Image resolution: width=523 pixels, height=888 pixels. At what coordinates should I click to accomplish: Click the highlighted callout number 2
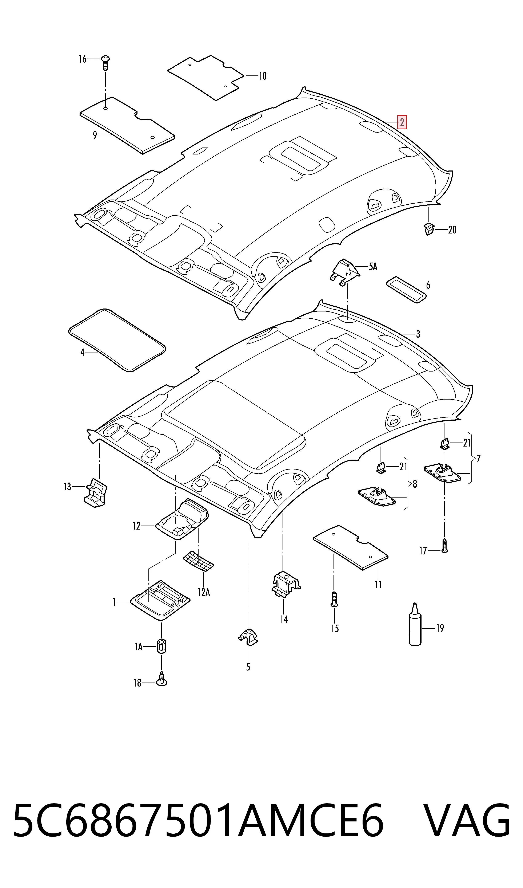tap(402, 122)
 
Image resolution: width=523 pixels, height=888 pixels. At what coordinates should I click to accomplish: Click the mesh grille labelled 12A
tap(198, 560)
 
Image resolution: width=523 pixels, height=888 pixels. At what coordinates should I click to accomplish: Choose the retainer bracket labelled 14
tap(285, 585)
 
